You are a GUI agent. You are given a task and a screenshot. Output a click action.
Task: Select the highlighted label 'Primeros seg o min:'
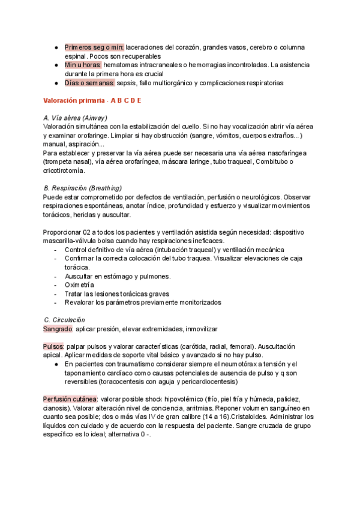coord(94,47)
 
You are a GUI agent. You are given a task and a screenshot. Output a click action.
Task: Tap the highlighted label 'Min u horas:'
coord(83,64)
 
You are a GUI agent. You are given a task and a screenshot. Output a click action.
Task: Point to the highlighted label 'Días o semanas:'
coord(89,82)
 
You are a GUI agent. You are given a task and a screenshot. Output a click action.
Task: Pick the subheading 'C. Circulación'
coord(65,320)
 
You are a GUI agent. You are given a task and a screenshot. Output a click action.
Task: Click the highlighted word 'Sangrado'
coord(58,329)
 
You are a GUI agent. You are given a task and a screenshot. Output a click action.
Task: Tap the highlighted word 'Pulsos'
coord(53,346)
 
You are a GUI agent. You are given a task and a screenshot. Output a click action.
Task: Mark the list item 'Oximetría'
coord(79,285)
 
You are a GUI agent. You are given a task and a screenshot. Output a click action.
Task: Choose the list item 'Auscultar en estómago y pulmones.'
coord(118,276)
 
